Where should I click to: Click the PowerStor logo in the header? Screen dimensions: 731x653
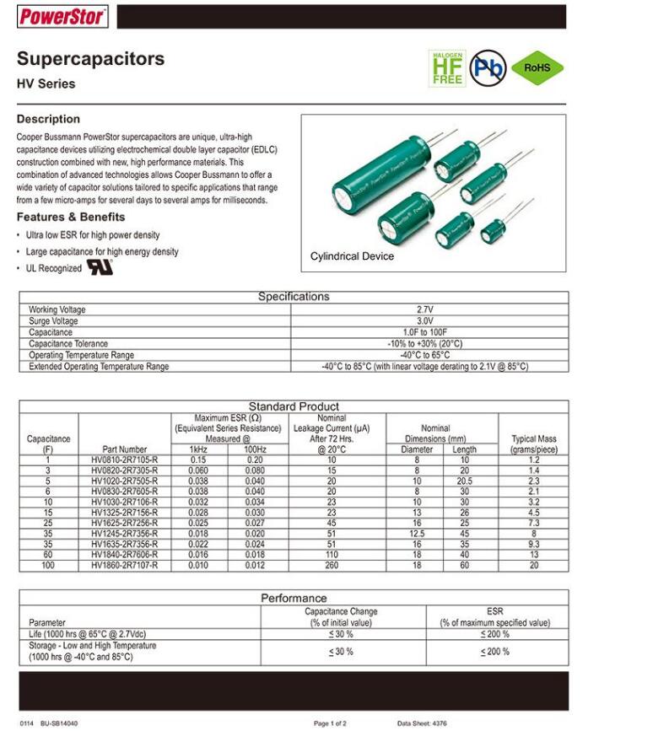tap(63, 16)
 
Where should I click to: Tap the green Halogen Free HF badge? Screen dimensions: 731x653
tap(447, 68)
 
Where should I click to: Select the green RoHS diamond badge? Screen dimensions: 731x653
tap(537, 67)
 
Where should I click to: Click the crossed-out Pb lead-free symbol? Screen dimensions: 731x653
tap(488, 68)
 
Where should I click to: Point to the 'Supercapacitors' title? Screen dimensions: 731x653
tap(90, 59)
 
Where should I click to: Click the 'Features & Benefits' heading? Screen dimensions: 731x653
tap(71, 217)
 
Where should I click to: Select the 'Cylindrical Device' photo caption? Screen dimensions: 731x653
tap(352, 256)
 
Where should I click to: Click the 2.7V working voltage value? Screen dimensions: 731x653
tap(425, 309)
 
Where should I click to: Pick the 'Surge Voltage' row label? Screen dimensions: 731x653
tap(53, 321)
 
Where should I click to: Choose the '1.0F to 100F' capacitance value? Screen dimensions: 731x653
tap(425, 332)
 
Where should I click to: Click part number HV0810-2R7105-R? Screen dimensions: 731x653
tap(125, 460)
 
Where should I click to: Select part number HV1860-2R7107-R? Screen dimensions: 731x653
tap(125, 566)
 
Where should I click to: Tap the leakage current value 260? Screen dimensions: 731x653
tap(332, 566)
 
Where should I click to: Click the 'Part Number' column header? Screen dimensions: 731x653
tap(125, 449)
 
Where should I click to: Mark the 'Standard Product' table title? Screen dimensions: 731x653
tap(294, 406)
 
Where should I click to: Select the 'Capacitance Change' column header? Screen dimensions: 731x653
tap(341, 611)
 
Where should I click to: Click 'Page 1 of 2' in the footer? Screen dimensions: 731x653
tap(330, 723)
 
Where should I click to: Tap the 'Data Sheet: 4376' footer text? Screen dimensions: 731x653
tap(422, 723)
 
